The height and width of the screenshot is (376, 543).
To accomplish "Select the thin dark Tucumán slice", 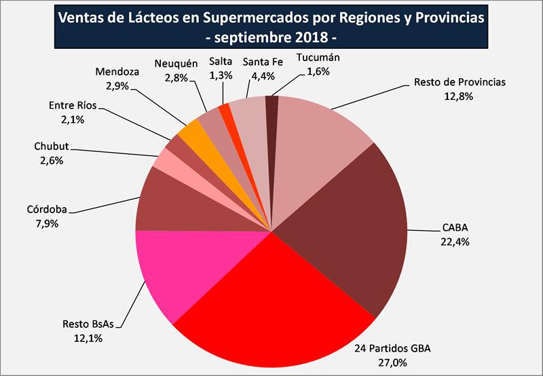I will click(x=271, y=109).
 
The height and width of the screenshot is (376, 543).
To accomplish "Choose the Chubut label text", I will click(x=52, y=146).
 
